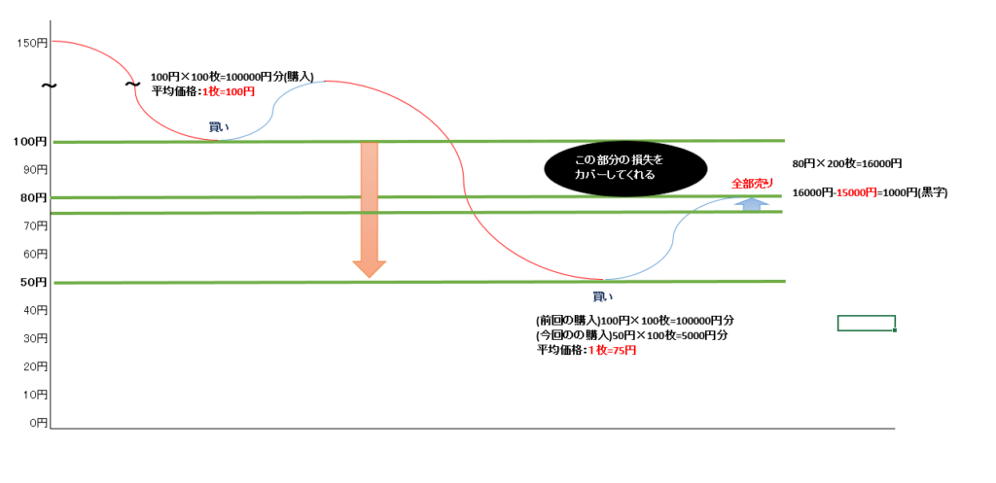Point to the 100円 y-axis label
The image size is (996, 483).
[x=30, y=142]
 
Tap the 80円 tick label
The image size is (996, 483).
[x=33, y=197]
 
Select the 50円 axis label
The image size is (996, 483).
[x=33, y=281]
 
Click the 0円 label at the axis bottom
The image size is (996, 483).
[x=38, y=422]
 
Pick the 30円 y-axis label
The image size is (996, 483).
[x=36, y=338]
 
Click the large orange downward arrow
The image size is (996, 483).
[x=369, y=210]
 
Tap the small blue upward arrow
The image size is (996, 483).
[x=752, y=203]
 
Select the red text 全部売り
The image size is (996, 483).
[x=753, y=184]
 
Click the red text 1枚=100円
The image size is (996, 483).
[x=229, y=91]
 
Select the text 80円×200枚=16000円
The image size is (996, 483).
[x=847, y=163]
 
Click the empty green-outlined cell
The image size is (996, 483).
[x=867, y=323]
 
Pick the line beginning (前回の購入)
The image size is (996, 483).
[x=635, y=320]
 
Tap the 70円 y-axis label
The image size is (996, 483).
[x=36, y=225]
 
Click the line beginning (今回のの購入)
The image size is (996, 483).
[x=632, y=334]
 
